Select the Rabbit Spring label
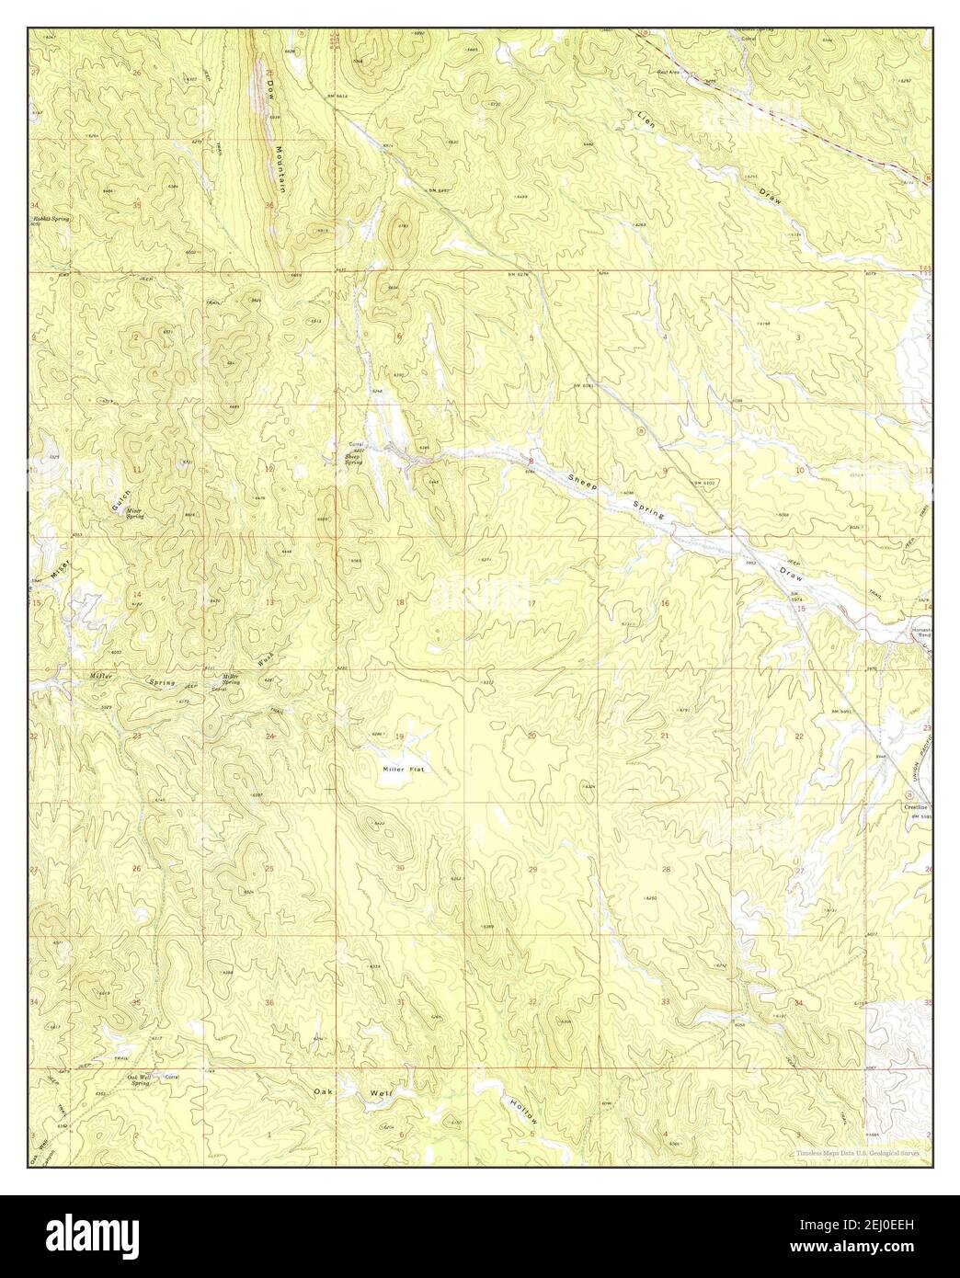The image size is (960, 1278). (51, 220)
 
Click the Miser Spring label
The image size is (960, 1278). (134, 513)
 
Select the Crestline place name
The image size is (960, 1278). (916, 807)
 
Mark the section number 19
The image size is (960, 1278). (399, 737)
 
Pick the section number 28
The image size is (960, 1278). (666, 869)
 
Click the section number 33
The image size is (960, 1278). (664, 1001)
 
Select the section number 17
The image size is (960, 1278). (531, 603)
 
